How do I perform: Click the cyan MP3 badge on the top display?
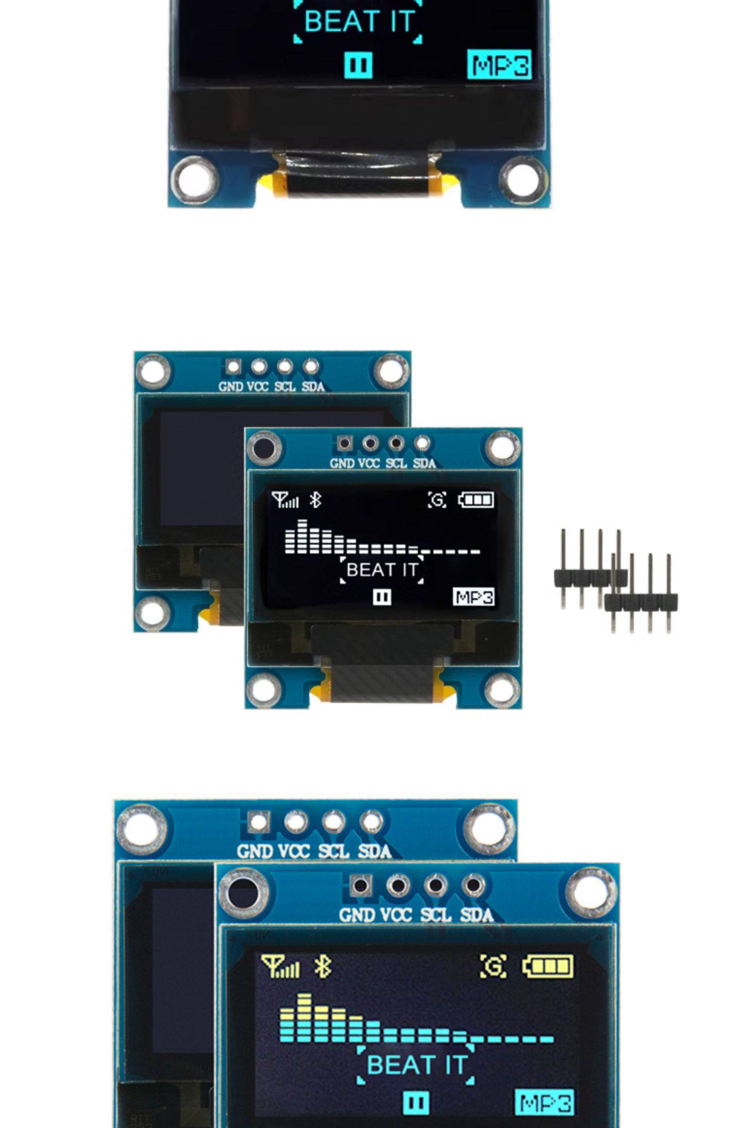(x=499, y=65)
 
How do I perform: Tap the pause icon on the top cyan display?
(x=358, y=65)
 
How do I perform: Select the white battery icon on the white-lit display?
(x=476, y=500)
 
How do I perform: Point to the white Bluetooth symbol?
(x=315, y=499)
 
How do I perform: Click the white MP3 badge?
(x=473, y=597)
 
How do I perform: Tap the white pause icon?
(x=382, y=597)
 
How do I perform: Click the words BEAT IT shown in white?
(x=382, y=570)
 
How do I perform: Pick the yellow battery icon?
(x=548, y=966)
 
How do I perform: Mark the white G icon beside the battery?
(x=437, y=500)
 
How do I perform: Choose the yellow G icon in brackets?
(x=493, y=966)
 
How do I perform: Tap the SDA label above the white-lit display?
(x=424, y=463)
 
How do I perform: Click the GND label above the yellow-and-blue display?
(x=357, y=916)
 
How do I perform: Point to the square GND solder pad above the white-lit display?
(x=344, y=443)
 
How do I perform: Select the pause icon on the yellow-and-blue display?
(x=416, y=1102)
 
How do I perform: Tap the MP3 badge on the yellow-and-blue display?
(x=544, y=1102)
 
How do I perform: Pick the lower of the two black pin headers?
(x=641, y=601)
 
